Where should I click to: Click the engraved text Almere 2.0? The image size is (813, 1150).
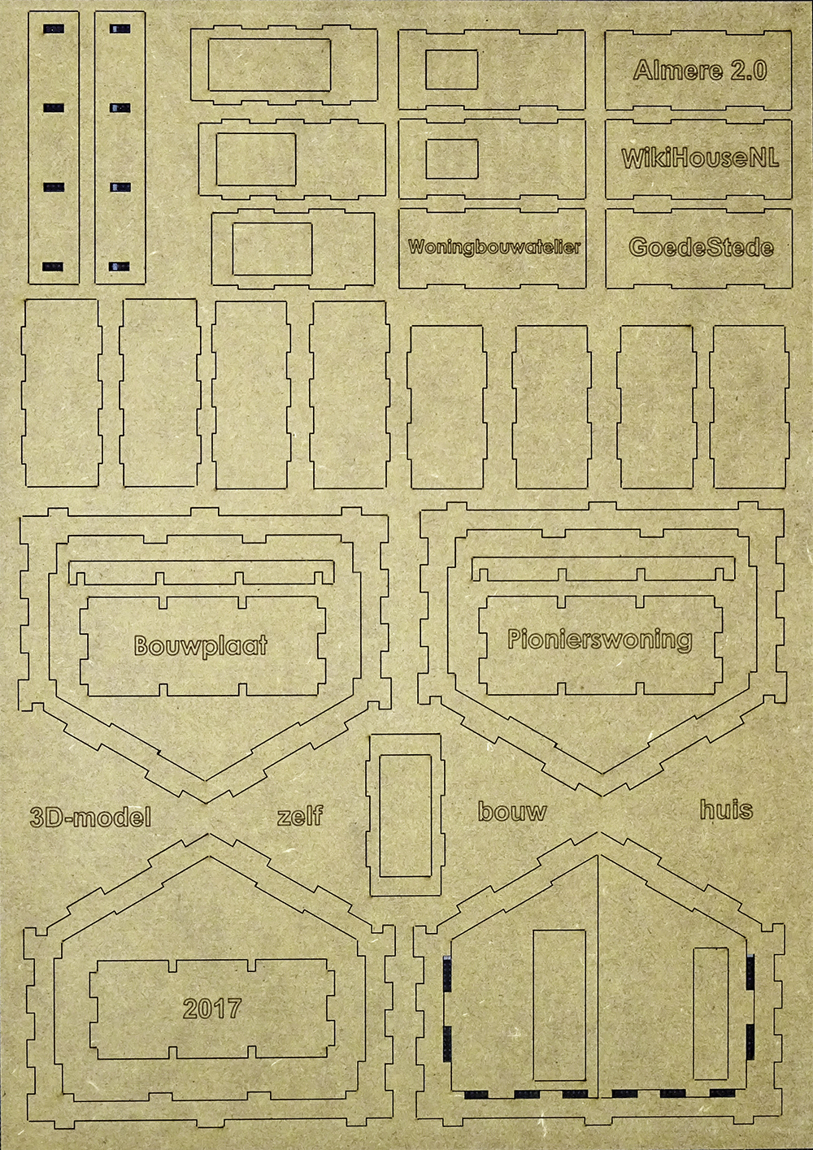point(700,70)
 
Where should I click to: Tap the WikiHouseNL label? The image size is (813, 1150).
point(699,158)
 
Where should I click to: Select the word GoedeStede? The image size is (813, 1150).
point(701,247)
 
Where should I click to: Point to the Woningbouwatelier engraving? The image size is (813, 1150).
point(494,246)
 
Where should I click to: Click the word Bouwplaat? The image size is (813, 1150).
point(200,645)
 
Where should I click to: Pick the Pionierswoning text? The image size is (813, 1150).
point(600,640)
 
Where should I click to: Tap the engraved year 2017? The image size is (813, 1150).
point(212,1009)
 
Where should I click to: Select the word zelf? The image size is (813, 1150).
point(300,815)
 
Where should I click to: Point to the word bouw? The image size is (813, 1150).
point(512,811)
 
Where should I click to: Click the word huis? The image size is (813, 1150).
point(726,809)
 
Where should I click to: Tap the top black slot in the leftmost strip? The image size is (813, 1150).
point(54,28)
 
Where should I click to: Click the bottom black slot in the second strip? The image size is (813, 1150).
point(120,267)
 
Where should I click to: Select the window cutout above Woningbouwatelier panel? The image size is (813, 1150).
point(452,159)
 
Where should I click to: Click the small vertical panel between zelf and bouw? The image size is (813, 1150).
point(405,815)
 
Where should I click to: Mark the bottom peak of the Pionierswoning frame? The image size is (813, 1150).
point(601,796)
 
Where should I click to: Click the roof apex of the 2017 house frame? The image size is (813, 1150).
point(208,833)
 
